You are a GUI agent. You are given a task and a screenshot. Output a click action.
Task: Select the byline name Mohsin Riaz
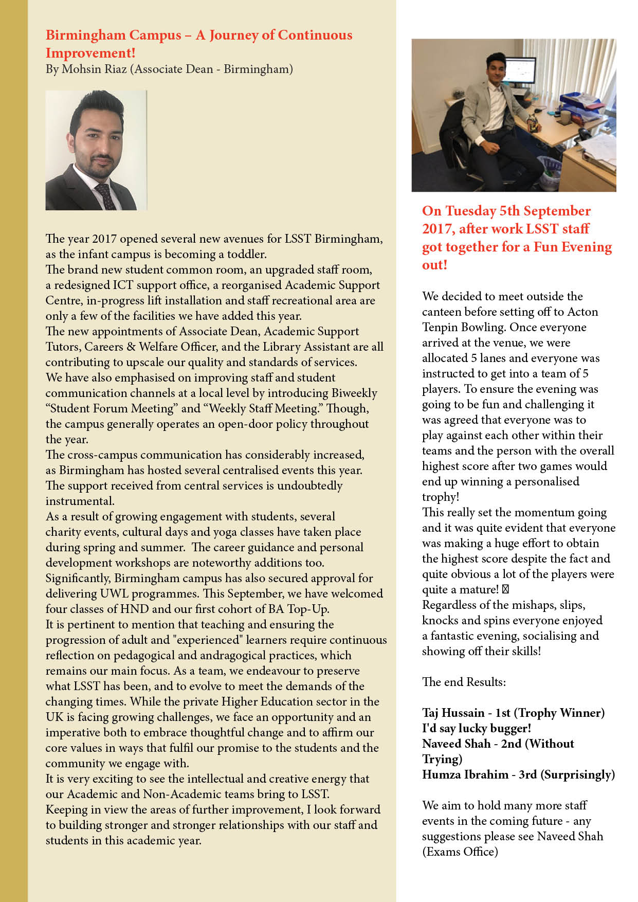pos(94,69)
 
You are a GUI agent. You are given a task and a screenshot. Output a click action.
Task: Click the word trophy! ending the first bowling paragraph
pos(441,497)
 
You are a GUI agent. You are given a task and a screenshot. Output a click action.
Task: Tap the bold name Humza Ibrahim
pos(465,774)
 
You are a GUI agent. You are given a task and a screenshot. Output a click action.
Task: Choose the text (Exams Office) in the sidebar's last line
pos(460,852)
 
